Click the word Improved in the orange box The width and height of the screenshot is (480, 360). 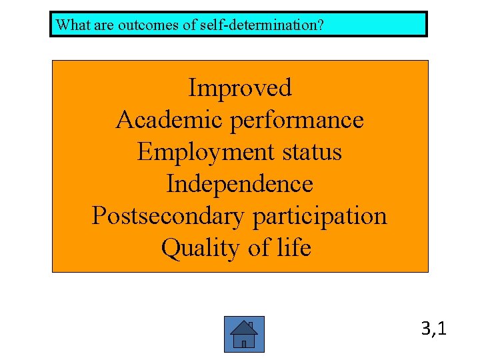[240, 88]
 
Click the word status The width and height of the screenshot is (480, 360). [313, 152]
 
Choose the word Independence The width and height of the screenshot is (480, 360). [239, 184]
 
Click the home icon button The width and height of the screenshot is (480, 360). [244, 334]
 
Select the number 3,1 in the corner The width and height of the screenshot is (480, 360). [434, 328]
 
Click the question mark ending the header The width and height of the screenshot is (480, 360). [321, 25]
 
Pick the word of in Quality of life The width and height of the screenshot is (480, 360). [259, 248]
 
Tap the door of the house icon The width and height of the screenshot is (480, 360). [244, 343]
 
